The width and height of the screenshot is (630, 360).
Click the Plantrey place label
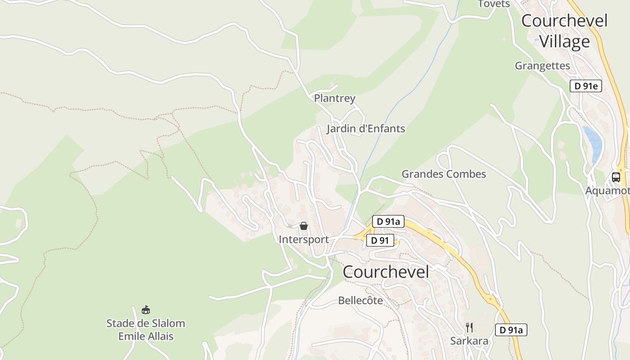pos(334,98)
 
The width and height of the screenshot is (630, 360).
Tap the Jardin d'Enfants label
pos(365,129)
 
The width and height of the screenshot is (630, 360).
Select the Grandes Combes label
pos(444,174)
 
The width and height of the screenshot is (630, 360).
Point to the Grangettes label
pos(542,66)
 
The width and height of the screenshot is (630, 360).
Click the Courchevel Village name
pos(564,31)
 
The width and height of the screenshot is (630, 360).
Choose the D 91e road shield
pos(585,86)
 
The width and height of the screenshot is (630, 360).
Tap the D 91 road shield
pos(380,240)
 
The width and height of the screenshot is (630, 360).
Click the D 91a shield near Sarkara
pos(511,330)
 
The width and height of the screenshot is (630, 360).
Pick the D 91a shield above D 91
pos(388,221)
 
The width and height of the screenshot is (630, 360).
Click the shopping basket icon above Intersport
pos(304,226)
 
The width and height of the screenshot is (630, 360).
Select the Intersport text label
pos(304,239)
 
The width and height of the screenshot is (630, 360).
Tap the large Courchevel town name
pos(386,272)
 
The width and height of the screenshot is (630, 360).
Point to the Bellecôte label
pos(360,300)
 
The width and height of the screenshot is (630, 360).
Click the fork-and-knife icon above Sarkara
pos(469,327)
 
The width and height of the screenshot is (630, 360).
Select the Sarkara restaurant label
pos(469,341)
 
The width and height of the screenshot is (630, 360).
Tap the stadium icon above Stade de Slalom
pos(145,310)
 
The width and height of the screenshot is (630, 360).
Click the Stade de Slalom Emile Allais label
pos(145,329)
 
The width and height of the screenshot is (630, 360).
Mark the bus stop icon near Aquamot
pos(616,177)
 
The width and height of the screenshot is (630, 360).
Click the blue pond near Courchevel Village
pos(594,142)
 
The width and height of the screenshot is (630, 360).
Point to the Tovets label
pos(494,4)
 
